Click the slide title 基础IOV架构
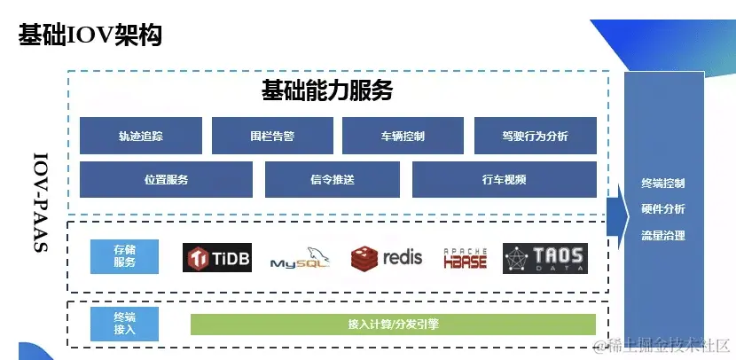pos(90,35)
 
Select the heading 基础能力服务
pos(326,90)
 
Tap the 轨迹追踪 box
pos(141,136)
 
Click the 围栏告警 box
pos(272,136)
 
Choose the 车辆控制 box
pos(403,136)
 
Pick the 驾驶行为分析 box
pos(535,136)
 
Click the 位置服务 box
pos(166,179)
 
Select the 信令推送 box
pos(333,179)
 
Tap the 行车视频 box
pos(504,179)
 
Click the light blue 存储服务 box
pos(125,256)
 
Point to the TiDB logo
pos(217,258)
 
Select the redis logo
pos(387,258)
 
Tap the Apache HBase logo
pos(466,258)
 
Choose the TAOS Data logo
pos(545,258)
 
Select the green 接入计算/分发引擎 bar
pos(393,325)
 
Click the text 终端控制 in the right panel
pos(663,184)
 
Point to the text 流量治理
pos(663,236)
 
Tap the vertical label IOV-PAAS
pos(40,203)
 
